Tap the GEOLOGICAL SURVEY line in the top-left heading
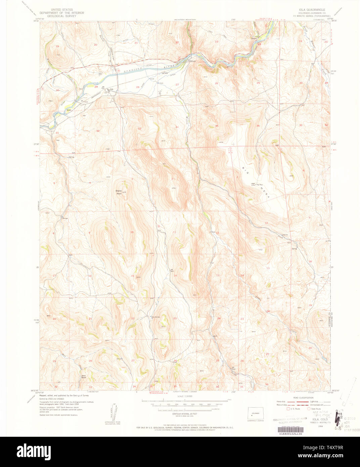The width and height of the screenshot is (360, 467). (61, 16)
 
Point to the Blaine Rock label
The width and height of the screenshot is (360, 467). (119, 193)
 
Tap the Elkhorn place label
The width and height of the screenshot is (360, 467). (192, 61)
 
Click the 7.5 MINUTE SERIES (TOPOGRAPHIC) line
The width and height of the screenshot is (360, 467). (312, 16)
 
